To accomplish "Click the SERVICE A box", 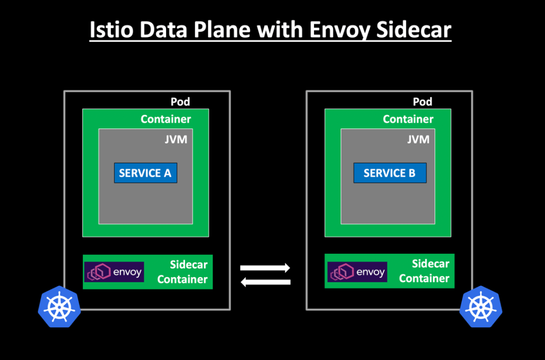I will coord(145,173).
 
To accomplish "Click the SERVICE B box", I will coord(389,173).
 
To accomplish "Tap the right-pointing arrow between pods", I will coord(265,267).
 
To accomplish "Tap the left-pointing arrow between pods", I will coord(265,282).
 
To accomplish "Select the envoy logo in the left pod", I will coord(114,272).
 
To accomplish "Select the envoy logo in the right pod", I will coord(357,272).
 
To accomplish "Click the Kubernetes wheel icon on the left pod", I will coord(59,307).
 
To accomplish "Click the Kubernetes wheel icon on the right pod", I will coord(480,307).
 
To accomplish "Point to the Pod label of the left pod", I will coord(180,101).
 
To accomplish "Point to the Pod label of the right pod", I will coord(422,101).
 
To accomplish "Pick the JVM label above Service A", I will coord(177,140).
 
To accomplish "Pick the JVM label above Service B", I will coord(418,140).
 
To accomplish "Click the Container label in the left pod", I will coord(166,119).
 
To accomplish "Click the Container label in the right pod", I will coord(408,119).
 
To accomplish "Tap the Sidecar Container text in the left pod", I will coord(182,272).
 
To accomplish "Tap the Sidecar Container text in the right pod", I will coord(424,271).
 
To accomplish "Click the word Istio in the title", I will coord(109,30).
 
